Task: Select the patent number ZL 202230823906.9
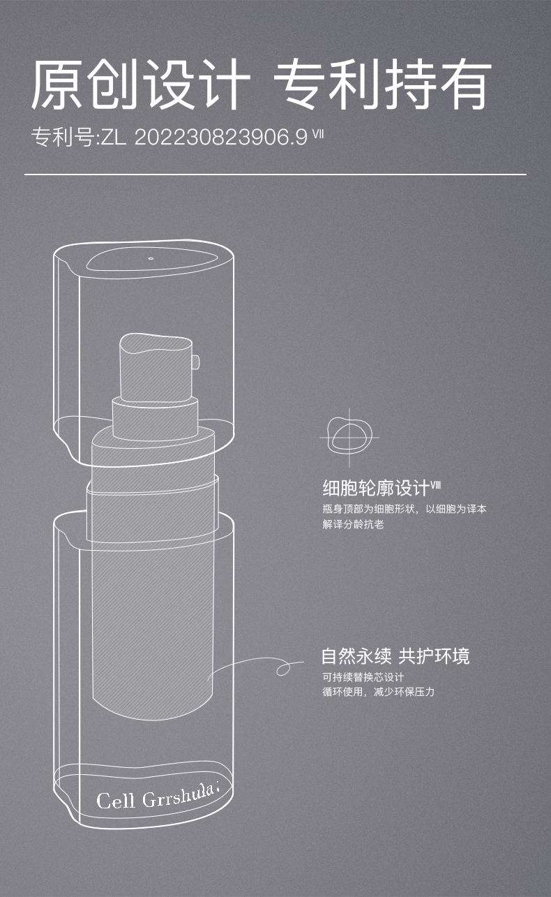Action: click(204, 138)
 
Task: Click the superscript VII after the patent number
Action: click(318, 133)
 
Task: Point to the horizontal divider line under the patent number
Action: click(275, 175)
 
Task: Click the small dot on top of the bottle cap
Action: click(151, 259)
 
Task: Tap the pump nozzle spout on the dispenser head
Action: click(196, 362)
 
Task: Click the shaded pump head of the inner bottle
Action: click(156, 368)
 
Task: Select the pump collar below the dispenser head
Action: click(155, 418)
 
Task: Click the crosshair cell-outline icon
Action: click(349, 437)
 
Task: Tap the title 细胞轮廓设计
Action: click(376, 488)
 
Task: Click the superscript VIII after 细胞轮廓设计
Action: click(435, 484)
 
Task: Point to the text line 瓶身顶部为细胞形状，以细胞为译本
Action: click(405, 509)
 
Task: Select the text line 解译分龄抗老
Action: click(354, 524)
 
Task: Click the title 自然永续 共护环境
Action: click(395, 656)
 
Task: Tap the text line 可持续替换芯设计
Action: click(363, 677)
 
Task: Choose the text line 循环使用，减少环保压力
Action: click(379, 692)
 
